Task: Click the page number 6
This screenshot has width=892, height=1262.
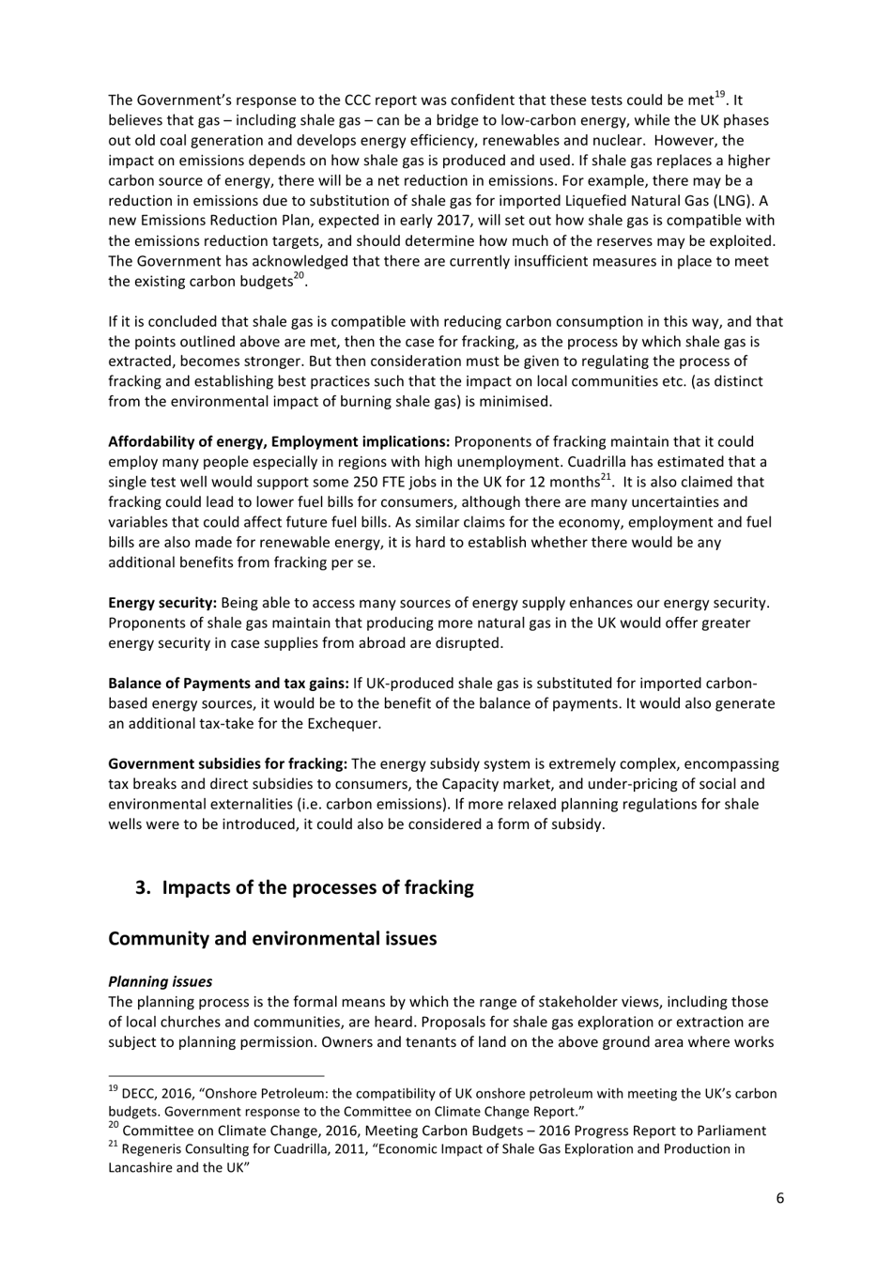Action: coord(779,1197)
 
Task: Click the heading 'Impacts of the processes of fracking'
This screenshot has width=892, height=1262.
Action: coord(317,887)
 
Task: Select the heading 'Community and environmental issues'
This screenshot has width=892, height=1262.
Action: coord(272,938)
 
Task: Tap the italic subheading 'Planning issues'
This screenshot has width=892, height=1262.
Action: coord(160,981)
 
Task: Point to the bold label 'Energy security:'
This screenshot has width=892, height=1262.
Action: coord(162,602)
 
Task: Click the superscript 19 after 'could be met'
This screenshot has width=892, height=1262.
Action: coord(720,94)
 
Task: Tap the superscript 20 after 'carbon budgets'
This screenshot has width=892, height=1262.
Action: coord(299,276)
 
